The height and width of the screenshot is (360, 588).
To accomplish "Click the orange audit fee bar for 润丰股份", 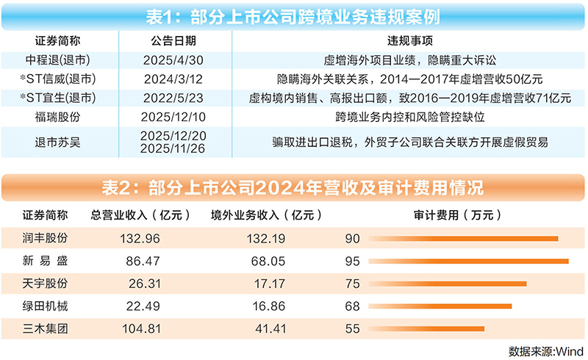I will pyautogui.click(x=463, y=238).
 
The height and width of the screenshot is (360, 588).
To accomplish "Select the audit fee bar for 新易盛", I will pyautogui.click(x=469, y=261).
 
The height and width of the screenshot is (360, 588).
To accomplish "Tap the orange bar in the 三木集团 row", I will pyautogui.click(x=426, y=328).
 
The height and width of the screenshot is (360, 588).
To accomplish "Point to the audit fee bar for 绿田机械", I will pyautogui.click(x=440, y=306).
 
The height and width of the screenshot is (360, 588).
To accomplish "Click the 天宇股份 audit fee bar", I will pyautogui.click(x=448, y=284).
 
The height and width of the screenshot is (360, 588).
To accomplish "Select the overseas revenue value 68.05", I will pyautogui.click(x=268, y=261).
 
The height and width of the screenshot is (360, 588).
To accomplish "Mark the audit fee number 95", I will pyautogui.click(x=352, y=261).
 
